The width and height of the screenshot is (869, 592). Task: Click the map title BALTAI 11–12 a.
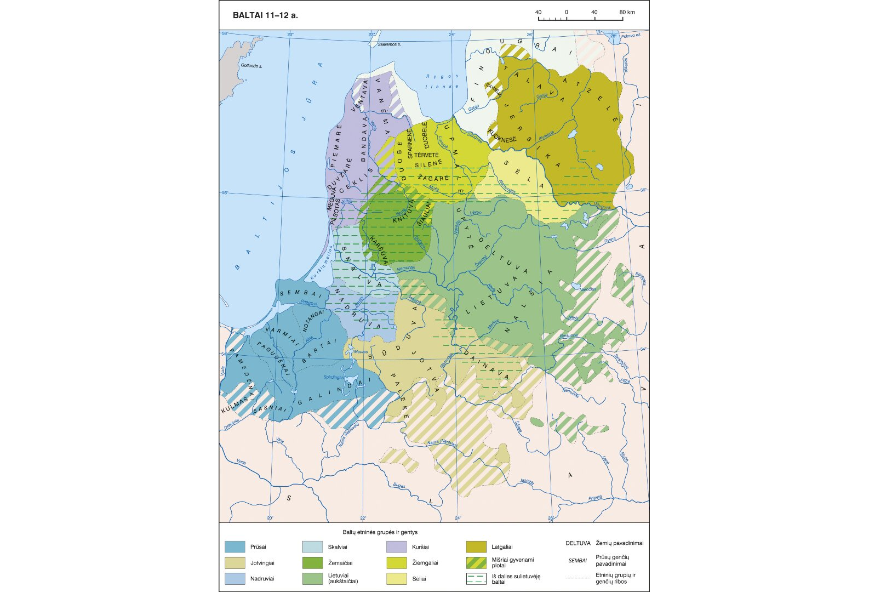(x=265, y=15)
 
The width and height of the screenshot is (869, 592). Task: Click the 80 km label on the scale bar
(x=627, y=12)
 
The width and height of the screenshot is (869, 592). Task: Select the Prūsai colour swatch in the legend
(x=235, y=547)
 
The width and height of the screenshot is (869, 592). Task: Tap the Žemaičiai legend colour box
(x=312, y=562)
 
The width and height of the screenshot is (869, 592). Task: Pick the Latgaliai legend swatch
(x=476, y=547)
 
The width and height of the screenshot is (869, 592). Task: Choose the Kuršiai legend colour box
(x=396, y=547)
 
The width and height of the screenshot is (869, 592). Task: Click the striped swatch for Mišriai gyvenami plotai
(x=476, y=562)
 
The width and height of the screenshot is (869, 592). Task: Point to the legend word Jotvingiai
(x=262, y=563)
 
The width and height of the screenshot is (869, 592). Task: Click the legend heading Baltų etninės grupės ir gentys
(x=380, y=532)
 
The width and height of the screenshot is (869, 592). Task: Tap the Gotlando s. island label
(x=251, y=66)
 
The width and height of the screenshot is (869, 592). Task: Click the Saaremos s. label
(x=390, y=44)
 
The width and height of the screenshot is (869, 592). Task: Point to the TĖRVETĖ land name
(x=426, y=155)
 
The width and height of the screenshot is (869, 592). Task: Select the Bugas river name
(x=399, y=486)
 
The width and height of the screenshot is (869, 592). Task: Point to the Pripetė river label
(x=595, y=498)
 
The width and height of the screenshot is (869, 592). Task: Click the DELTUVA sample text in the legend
(x=578, y=543)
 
